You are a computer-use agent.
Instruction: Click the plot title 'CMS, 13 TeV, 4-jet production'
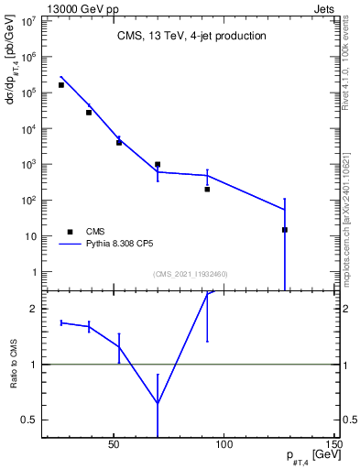click(191, 37)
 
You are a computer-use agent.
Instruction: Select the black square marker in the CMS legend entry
click(70, 232)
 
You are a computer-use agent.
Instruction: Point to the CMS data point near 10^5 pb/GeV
click(61, 85)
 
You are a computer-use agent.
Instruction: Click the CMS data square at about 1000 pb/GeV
click(158, 165)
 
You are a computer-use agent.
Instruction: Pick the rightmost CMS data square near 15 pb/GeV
click(285, 230)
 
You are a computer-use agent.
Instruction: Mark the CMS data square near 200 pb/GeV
click(207, 190)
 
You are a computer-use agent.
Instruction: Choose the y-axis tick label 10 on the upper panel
click(31, 236)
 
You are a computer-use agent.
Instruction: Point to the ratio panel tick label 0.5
click(28, 420)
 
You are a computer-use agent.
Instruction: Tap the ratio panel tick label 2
click(34, 310)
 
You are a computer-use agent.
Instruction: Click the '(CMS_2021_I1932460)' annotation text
click(191, 274)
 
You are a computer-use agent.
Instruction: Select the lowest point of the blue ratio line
click(158, 403)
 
